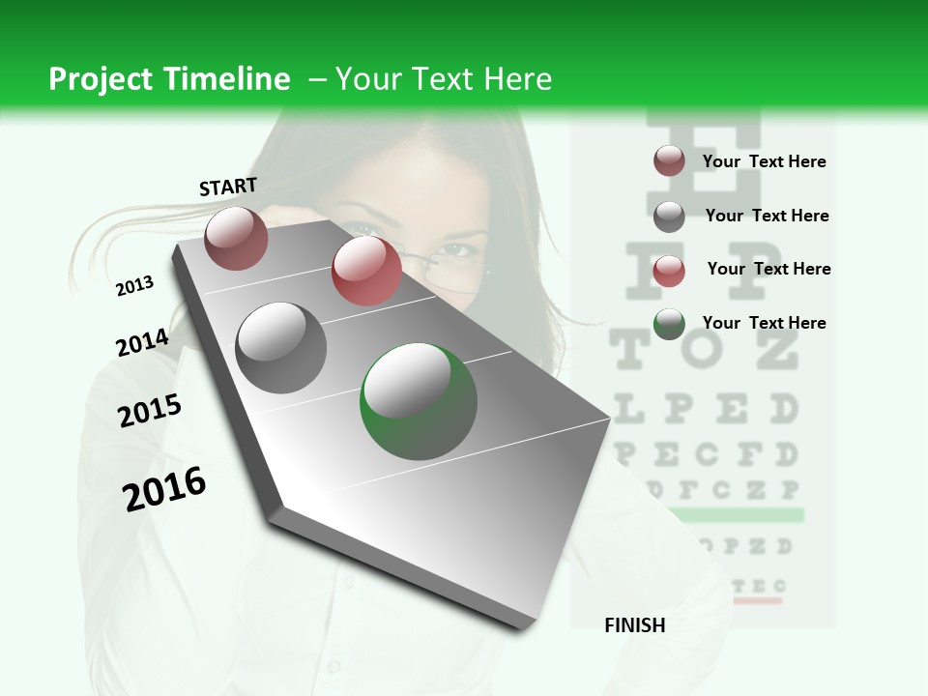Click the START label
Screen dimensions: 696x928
pos(228,187)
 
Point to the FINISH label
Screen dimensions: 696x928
pos(634,625)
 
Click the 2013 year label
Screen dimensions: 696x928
pos(134,286)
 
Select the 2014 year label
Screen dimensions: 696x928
pos(142,342)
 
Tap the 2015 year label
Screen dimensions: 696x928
pos(150,411)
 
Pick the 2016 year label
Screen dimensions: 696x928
pos(164,488)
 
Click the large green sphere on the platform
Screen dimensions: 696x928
pos(419,400)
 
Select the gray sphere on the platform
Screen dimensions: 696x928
pos(281,347)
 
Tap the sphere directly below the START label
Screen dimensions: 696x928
pos(236,238)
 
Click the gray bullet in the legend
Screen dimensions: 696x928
pos(669,217)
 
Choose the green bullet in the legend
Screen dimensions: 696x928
pos(669,324)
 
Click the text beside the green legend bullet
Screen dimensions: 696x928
pos(764,323)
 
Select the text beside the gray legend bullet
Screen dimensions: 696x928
pos(767,216)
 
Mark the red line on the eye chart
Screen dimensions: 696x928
pos(757,600)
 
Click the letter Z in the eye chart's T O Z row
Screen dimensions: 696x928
pos(777,350)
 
